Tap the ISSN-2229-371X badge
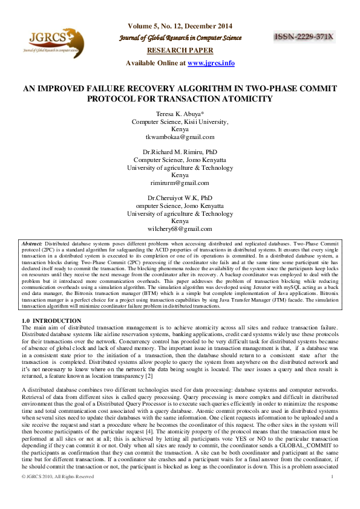click(304, 37)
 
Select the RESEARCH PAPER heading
click(180, 50)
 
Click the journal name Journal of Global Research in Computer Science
click(180, 37)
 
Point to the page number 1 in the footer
click(333, 493)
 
